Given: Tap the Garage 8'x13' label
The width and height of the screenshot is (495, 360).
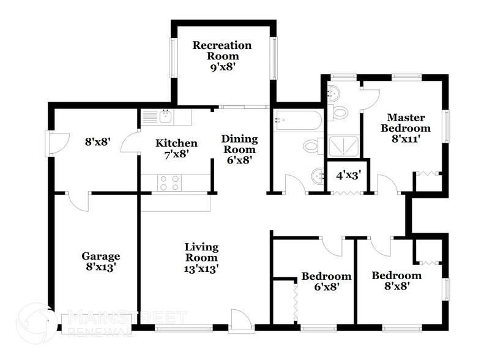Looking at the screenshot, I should tap(101, 261).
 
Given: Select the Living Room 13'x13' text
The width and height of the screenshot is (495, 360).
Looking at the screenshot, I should tap(202, 257).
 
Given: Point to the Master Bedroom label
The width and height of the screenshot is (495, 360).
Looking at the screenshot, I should tap(405, 128).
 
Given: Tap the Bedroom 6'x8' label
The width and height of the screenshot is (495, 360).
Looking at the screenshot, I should tap(326, 281).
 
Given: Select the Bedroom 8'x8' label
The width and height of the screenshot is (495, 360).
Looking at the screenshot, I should tap(396, 280).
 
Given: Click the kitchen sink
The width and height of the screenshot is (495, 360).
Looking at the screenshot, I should tap(165, 116).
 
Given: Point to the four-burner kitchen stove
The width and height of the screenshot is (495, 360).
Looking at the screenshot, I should tap(169, 182).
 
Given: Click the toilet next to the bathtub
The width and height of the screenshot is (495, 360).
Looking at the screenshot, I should tap(312, 146).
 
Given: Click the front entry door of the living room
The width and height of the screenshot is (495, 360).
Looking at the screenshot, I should tap(239, 320).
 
